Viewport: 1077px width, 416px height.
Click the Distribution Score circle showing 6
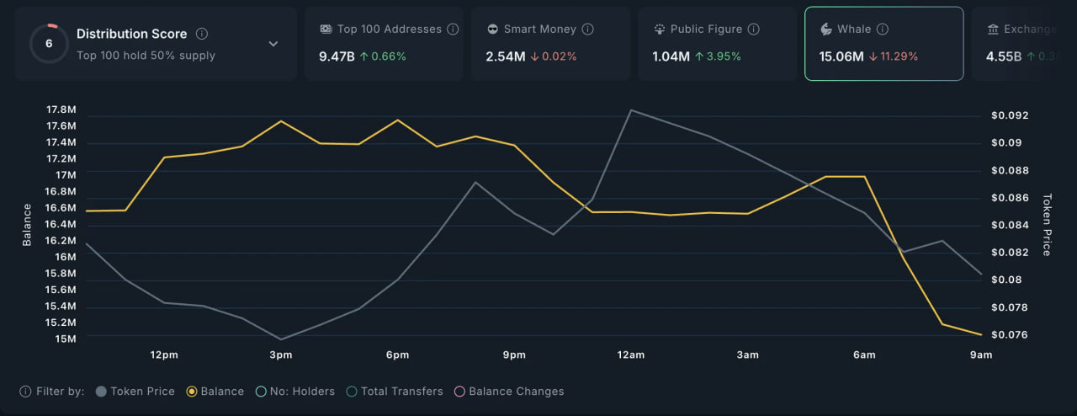(x=49, y=44)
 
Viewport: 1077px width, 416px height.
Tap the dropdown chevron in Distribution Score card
(x=273, y=44)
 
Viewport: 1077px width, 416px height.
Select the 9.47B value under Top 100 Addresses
(x=337, y=56)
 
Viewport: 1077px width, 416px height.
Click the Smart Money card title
(x=539, y=29)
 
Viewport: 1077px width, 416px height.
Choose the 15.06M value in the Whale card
(x=841, y=56)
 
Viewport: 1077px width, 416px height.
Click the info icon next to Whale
(x=882, y=29)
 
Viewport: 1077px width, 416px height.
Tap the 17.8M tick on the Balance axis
(x=61, y=109)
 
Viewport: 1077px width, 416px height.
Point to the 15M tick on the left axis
(x=65, y=339)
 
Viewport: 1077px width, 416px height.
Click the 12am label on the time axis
(x=630, y=355)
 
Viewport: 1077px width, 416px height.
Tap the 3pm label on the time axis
(x=280, y=355)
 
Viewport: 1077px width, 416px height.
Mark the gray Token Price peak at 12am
(x=630, y=109)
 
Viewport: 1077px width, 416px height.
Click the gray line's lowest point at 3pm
(x=280, y=339)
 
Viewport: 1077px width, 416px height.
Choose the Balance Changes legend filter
(x=509, y=392)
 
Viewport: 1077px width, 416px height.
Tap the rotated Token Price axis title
(x=1047, y=225)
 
